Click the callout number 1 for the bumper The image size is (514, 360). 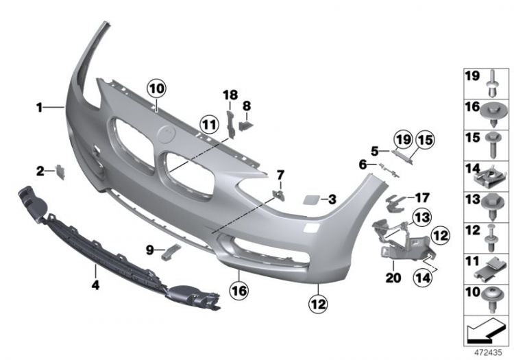coord(40,107)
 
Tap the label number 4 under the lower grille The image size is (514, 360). coord(95,284)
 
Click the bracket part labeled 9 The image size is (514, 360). coord(171,252)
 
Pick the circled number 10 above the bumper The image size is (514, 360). coord(156,88)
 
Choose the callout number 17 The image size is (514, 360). coord(417,197)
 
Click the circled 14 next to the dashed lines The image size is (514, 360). coord(422,277)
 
